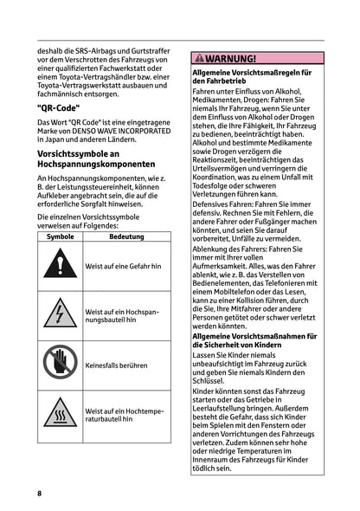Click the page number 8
(x=39, y=492)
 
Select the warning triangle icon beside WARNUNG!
(x=197, y=59)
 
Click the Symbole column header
(x=61, y=236)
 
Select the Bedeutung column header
(x=126, y=236)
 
